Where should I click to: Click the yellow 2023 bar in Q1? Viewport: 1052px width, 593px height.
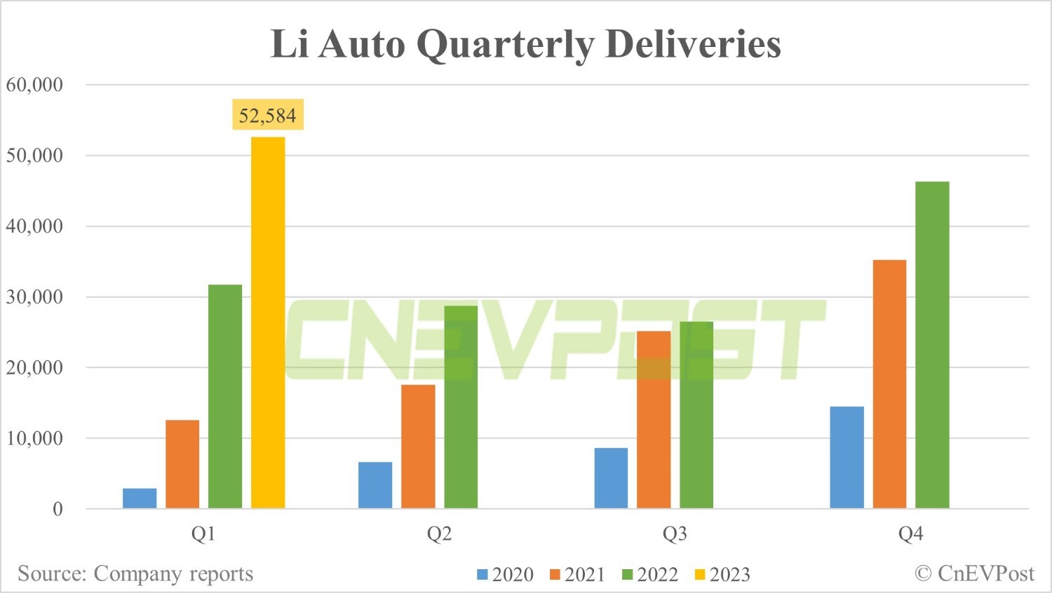click(x=268, y=322)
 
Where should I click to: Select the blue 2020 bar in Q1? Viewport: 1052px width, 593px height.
click(x=140, y=498)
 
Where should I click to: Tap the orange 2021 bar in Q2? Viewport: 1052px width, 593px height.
click(x=418, y=447)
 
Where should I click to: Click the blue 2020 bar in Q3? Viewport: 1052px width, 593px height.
click(x=611, y=478)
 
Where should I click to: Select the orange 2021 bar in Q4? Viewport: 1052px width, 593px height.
click(x=889, y=384)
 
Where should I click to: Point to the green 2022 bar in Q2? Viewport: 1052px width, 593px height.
click(x=461, y=407)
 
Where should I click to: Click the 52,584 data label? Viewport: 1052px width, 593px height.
click(x=268, y=115)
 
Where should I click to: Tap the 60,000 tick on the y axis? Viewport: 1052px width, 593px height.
click(x=34, y=85)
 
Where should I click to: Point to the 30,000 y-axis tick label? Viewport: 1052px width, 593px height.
click(x=34, y=296)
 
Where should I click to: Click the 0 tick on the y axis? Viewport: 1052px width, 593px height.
click(x=58, y=509)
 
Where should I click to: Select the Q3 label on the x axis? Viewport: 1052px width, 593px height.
click(x=675, y=534)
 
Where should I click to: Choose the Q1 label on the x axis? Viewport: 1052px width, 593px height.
click(x=203, y=534)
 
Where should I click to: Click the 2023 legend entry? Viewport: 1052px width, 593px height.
click(x=722, y=575)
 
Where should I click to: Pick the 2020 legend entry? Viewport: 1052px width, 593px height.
click(x=506, y=575)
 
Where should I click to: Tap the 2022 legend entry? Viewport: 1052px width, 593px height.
click(x=650, y=575)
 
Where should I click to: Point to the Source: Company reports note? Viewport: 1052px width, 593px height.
click(x=135, y=573)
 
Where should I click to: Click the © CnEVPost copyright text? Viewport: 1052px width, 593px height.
click(x=974, y=573)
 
